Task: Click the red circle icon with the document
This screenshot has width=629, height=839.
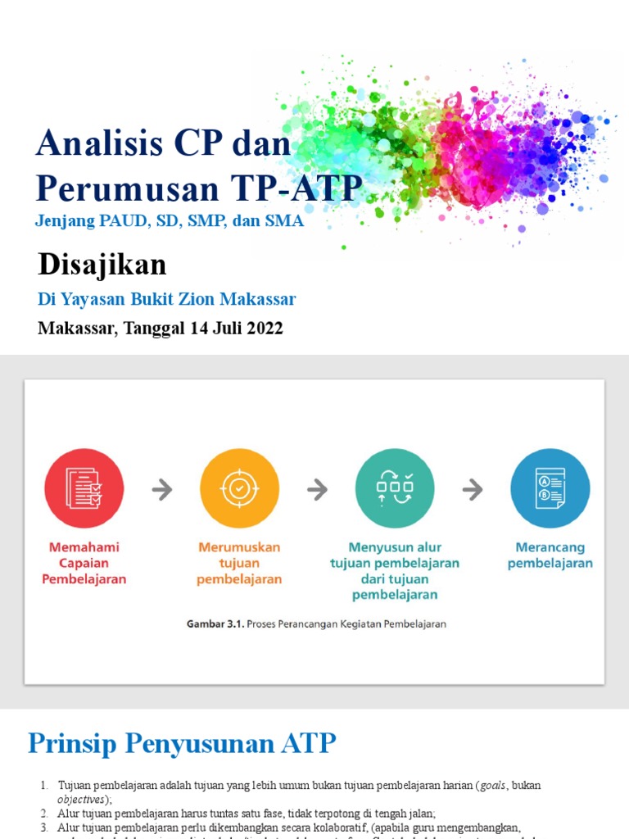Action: pyautogui.click(x=84, y=488)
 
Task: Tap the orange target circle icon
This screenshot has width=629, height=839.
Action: pyautogui.click(x=239, y=488)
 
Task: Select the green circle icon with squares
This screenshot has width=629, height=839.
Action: pyautogui.click(x=395, y=488)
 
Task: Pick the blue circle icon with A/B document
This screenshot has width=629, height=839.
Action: pyautogui.click(x=550, y=488)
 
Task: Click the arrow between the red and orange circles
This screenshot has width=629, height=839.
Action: pyautogui.click(x=162, y=490)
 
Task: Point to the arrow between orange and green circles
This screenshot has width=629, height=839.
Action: pyautogui.click(x=317, y=490)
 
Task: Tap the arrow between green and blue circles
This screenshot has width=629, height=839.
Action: pyautogui.click(x=473, y=490)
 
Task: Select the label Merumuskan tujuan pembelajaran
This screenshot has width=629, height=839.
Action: pyautogui.click(x=239, y=563)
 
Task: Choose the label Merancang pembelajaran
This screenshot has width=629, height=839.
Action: pyautogui.click(x=550, y=555)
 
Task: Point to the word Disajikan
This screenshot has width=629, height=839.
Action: pyautogui.click(x=102, y=265)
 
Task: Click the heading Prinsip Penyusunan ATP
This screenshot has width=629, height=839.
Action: pyautogui.click(x=182, y=743)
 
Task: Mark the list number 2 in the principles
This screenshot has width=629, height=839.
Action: pyautogui.click(x=44, y=814)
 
